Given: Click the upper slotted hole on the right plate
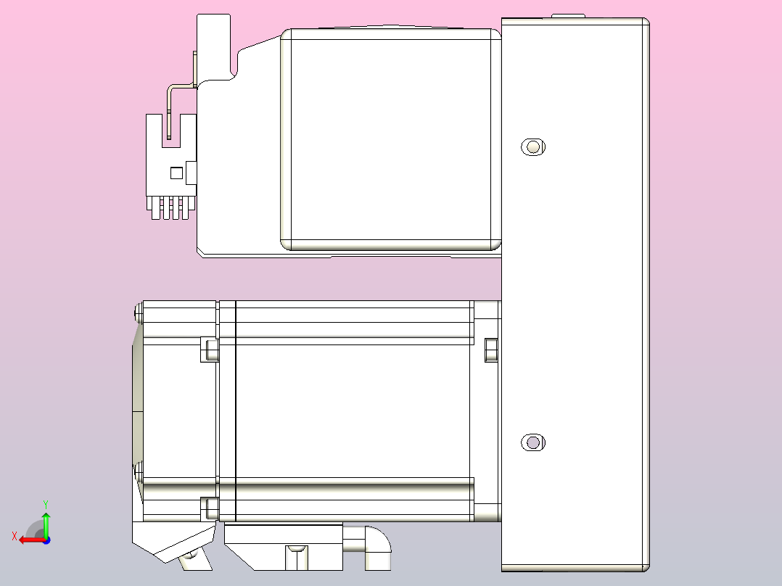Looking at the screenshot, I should click(x=533, y=147).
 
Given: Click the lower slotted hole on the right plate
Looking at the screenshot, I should click(x=533, y=442).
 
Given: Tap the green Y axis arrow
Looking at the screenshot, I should click(x=46, y=522).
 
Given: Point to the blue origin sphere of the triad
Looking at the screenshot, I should click(x=46, y=540).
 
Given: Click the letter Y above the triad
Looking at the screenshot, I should click(x=46, y=503).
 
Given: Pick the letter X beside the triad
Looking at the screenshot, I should click(x=14, y=536).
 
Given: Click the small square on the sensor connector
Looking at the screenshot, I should click(x=176, y=173).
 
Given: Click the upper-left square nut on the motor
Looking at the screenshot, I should click(x=209, y=350).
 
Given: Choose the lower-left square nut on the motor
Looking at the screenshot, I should click(x=209, y=508).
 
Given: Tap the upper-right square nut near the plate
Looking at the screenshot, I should click(x=491, y=350).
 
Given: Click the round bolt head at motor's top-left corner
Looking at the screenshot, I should click(x=139, y=313).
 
